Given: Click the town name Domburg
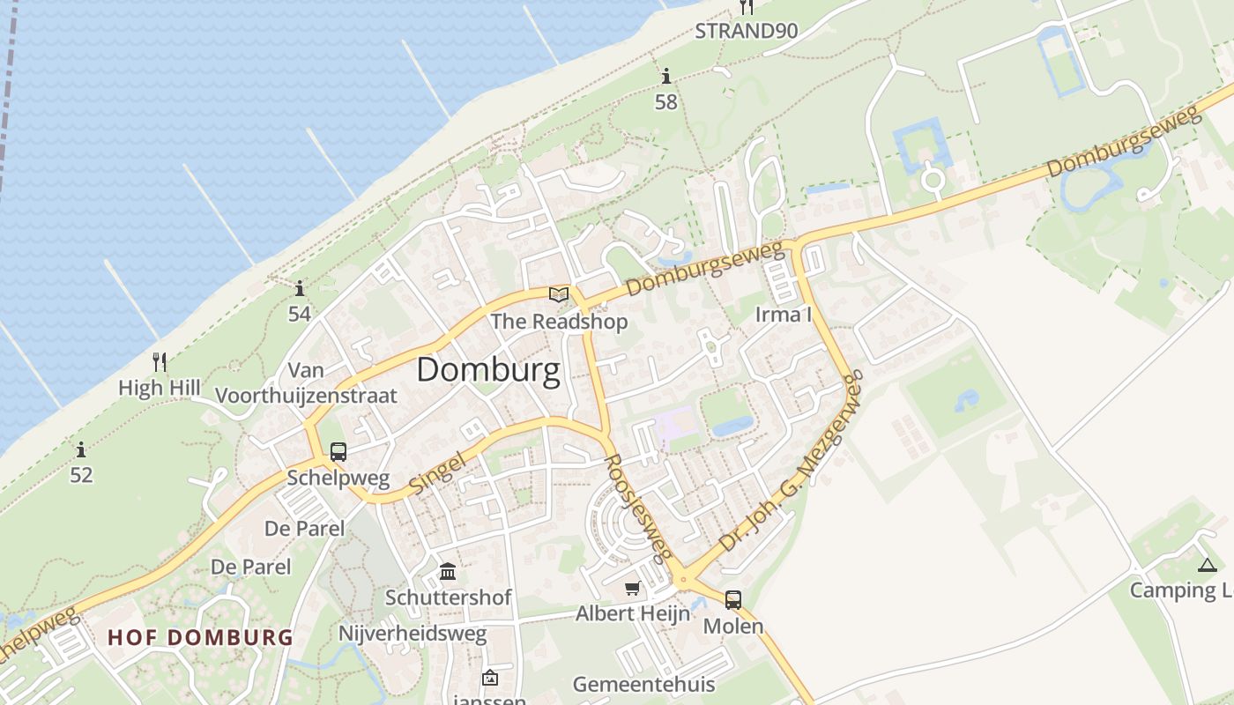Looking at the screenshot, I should pos(488,370).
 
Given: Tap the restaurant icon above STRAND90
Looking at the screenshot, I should pos(747,7).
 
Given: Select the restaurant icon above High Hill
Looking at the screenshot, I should pos(160,361).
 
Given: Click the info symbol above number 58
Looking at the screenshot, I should pos(666,77).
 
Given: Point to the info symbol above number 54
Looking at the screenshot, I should pos(300,288).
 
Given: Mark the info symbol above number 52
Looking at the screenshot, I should pos(81,449).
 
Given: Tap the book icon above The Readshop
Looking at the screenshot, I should pos(559,294).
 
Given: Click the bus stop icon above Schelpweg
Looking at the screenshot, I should pos(338,452).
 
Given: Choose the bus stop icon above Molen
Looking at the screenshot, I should pos(732,600).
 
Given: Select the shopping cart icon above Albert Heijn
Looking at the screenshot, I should pos(632,588).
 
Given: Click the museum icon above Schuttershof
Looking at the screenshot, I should pos(448,572).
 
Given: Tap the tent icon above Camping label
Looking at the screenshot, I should pos(1208,565).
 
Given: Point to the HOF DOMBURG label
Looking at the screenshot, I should pos(200,637).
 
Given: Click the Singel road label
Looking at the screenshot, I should pos(437,473).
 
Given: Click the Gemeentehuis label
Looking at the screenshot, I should pos(643,684).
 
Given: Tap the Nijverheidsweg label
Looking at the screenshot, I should pos(413,634).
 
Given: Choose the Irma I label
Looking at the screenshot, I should pos(784,315).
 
